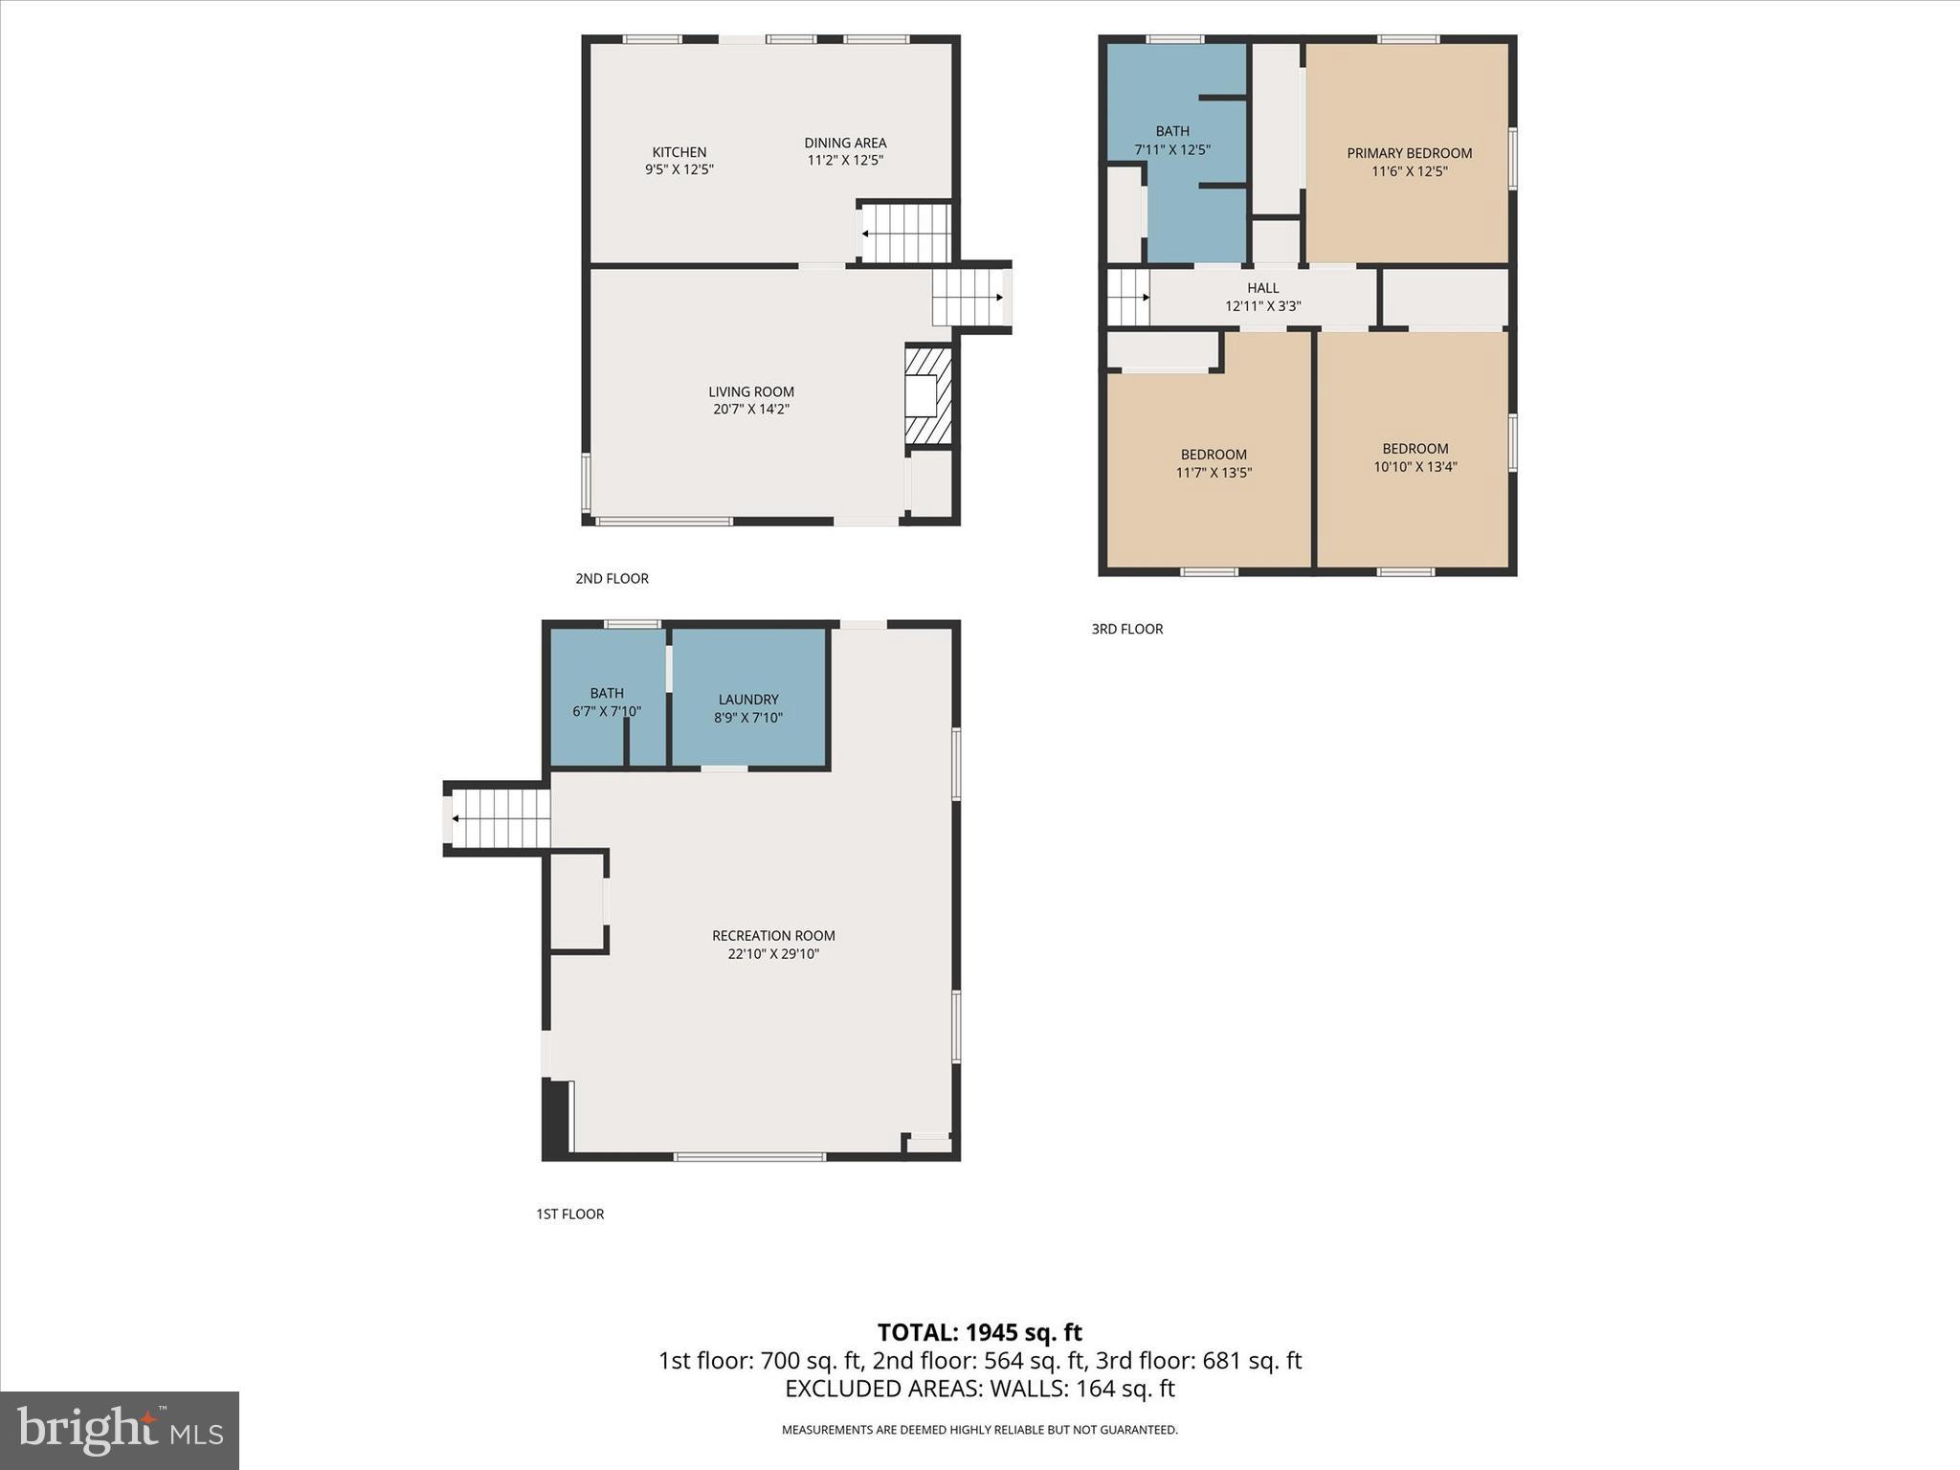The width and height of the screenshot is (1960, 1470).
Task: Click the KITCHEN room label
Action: coord(679,152)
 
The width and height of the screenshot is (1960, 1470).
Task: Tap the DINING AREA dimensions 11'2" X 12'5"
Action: coord(845,161)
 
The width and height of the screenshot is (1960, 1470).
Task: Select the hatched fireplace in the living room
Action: coord(928,395)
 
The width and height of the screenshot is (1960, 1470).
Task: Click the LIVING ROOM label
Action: coord(750,391)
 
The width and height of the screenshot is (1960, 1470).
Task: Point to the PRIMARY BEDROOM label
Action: coord(1409,153)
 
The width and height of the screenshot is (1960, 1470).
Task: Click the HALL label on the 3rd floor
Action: coord(1262,288)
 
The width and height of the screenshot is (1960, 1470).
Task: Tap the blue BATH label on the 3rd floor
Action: coord(1171,131)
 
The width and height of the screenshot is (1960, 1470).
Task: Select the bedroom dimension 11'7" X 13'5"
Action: coord(1214,473)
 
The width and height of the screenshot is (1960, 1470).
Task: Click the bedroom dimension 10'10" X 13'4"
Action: coord(1414,467)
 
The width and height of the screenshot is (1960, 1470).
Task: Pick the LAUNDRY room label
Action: coord(747,700)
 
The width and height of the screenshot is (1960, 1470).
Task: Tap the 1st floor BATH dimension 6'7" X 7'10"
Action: coord(606,712)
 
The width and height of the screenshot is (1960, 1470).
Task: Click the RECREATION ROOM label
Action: coord(772,936)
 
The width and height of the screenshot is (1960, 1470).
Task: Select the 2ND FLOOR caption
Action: coord(612,579)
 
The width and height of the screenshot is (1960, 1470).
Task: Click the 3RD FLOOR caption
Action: coord(1126,630)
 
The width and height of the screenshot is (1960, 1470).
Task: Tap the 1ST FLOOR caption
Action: coord(569,1214)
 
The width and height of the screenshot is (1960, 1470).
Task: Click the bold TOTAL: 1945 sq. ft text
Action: coord(979,1332)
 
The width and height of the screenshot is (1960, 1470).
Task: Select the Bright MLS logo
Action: coord(120,1430)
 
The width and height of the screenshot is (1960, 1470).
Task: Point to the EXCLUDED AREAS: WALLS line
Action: coord(979,1389)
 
